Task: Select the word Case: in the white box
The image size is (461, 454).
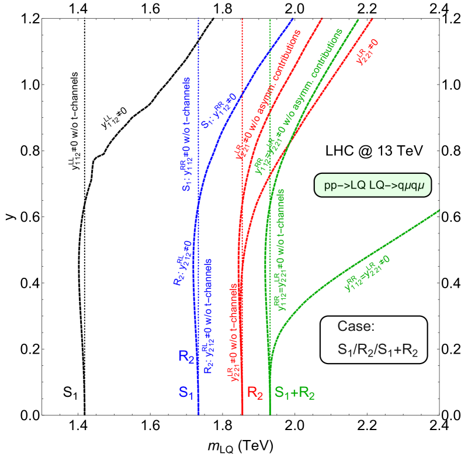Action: [x=356, y=327]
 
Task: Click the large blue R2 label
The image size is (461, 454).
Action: [x=186, y=357]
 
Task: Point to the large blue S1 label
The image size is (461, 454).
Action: [x=186, y=394]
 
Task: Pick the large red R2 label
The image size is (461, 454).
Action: [x=255, y=393]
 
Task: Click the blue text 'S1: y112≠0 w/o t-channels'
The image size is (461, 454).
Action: [x=186, y=134]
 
